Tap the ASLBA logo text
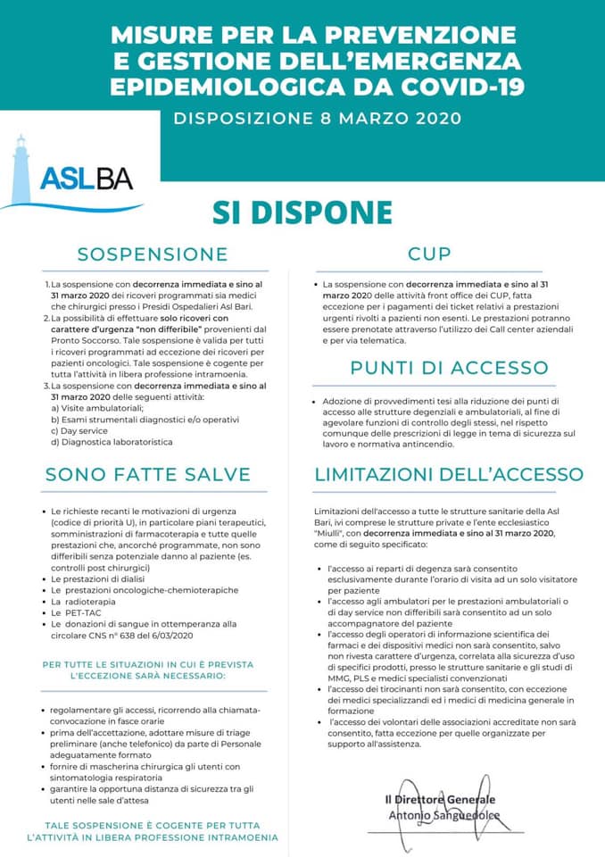(x=86, y=178)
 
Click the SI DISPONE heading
(x=302, y=212)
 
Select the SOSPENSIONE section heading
(x=153, y=254)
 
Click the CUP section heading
(x=429, y=254)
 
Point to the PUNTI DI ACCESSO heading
(x=449, y=368)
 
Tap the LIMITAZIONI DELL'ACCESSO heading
(x=449, y=474)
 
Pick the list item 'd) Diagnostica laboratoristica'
(x=112, y=441)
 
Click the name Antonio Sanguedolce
(x=443, y=816)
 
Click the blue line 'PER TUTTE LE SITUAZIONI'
(x=148, y=665)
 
